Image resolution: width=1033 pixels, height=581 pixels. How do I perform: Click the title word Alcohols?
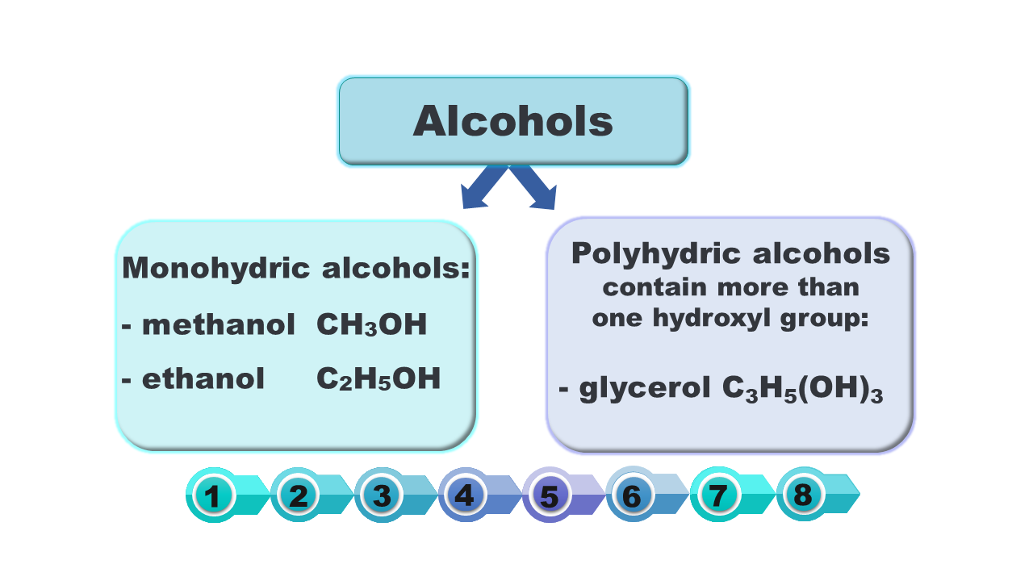pyautogui.click(x=512, y=121)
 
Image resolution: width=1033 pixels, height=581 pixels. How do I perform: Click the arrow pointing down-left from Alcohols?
pyautogui.click(x=483, y=188)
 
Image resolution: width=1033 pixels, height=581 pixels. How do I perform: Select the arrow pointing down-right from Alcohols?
pyautogui.click(x=536, y=188)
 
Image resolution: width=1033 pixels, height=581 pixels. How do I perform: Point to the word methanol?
pyautogui.click(x=218, y=325)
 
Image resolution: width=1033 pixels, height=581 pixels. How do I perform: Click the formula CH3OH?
pyautogui.click(x=371, y=326)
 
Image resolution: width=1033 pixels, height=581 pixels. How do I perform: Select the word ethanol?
pyautogui.click(x=203, y=378)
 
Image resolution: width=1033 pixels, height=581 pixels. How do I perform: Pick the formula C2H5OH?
pyautogui.click(x=378, y=379)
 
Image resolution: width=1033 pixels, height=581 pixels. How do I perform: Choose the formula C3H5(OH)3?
pyautogui.click(x=803, y=390)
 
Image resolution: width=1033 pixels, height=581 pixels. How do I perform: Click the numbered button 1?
pyautogui.click(x=213, y=495)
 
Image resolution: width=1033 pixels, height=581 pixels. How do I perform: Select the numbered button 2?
pyautogui.click(x=298, y=495)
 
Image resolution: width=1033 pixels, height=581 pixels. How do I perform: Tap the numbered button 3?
pyautogui.click(x=383, y=495)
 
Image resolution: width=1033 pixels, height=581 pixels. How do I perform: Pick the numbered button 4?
pyautogui.click(x=466, y=495)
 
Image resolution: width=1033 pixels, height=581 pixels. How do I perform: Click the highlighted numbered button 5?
pyautogui.click(x=550, y=495)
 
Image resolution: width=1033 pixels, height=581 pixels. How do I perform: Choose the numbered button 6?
pyautogui.click(x=633, y=495)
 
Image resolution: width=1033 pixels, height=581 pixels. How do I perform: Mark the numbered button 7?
pyautogui.click(x=717, y=495)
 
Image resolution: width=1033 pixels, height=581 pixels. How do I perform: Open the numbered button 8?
pyautogui.click(x=802, y=494)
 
